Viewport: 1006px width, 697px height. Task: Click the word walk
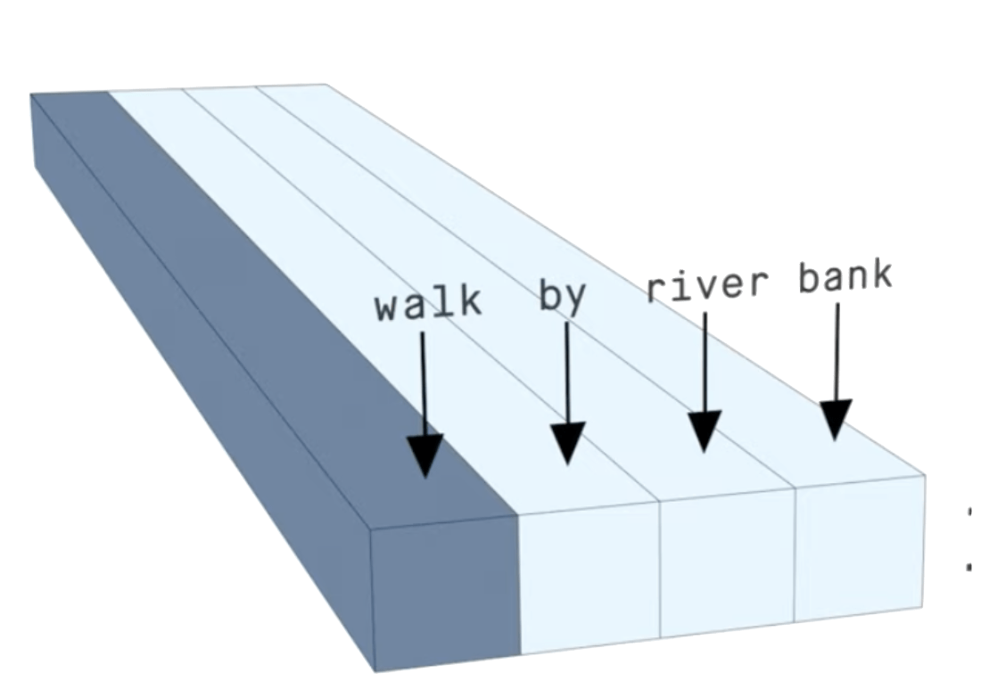(428, 304)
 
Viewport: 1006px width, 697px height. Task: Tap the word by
(563, 297)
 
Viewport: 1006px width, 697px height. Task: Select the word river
(707, 285)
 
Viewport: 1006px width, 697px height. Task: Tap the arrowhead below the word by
(567, 443)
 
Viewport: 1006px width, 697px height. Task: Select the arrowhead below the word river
(705, 431)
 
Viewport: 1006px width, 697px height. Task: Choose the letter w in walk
(389, 307)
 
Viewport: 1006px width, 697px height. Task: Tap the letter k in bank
(880, 275)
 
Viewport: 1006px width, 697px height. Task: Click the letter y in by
(575, 299)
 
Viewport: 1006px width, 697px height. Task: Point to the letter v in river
(708, 286)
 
